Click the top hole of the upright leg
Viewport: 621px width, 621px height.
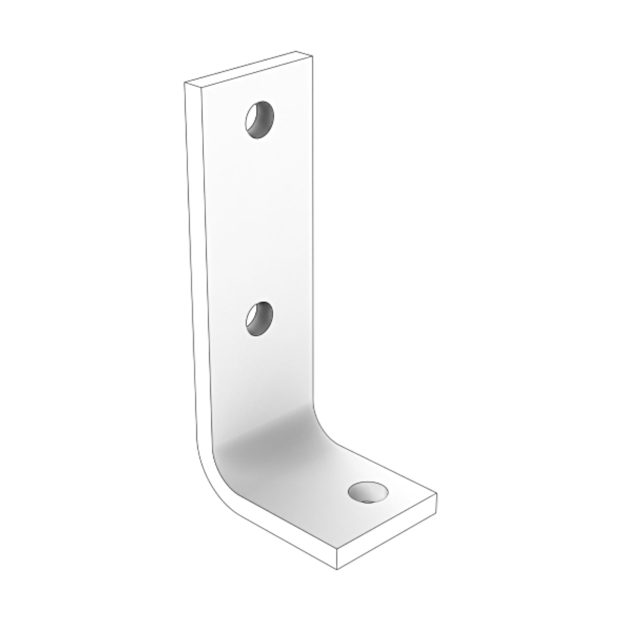(x=260, y=120)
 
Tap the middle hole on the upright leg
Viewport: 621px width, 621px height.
(x=260, y=318)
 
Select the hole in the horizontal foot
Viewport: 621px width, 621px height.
(x=368, y=492)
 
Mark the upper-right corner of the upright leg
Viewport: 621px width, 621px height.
(x=312, y=57)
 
